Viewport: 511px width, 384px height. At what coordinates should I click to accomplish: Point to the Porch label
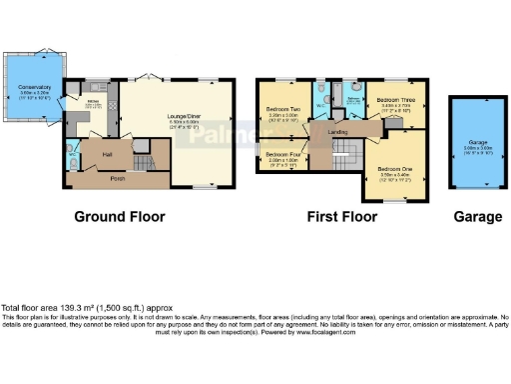point(119,179)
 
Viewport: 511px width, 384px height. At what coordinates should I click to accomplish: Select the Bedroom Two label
point(285,110)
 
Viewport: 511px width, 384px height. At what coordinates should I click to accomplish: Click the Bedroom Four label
point(284,155)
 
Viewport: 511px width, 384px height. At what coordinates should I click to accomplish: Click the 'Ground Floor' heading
point(118,216)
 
